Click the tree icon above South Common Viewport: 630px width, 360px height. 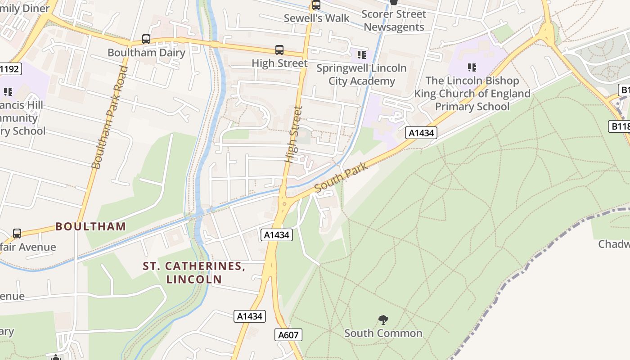[x=383, y=320]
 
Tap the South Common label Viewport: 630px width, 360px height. [x=383, y=333]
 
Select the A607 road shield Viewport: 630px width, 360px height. [x=288, y=335]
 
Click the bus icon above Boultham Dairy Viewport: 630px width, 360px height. [x=146, y=39]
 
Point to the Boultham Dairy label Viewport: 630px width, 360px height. [x=146, y=53]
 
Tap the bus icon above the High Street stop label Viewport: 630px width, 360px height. [x=279, y=49]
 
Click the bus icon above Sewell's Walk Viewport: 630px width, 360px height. [x=316, y=5]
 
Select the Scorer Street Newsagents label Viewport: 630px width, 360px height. [x=394, y=20]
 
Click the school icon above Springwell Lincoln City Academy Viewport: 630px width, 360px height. [x=361, y=55]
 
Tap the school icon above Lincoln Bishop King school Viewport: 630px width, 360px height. [x=472, y=67]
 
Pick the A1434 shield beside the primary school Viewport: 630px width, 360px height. [x=422, y=133]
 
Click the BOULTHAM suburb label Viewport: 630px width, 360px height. [x=91, y=226]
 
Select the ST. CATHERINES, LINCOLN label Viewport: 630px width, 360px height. [x=194, y=273]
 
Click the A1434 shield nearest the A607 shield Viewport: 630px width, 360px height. [x=250, y=316]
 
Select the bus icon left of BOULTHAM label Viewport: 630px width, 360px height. [x=17, y=234]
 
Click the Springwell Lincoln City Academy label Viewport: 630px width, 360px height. [x=361, y=75]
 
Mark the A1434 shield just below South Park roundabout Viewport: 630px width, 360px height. [x=277, y=234]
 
